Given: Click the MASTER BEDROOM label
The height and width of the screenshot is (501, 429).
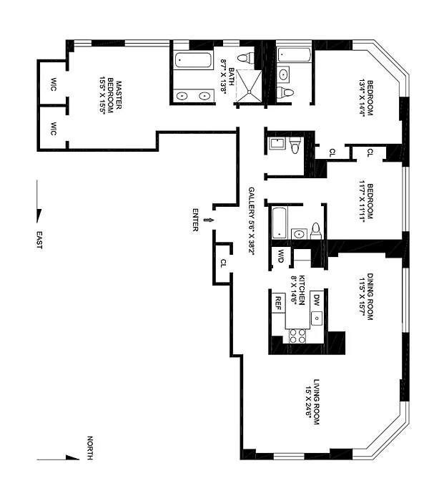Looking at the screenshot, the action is tap(110, 97).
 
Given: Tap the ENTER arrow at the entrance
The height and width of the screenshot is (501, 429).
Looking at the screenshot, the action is tap(209, 220).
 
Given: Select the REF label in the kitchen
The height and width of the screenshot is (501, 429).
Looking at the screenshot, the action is tap(278, 303).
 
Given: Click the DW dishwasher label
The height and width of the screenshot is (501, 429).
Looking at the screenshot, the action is tap(316, 300).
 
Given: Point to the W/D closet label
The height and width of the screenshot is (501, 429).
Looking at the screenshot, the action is tap(280, 256).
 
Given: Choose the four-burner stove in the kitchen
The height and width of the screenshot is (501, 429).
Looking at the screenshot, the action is tap(297, 336).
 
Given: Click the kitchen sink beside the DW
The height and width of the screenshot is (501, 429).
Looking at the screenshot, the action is tap(317, 318).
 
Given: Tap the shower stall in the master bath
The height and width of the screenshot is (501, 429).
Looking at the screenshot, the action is tap(249, 86).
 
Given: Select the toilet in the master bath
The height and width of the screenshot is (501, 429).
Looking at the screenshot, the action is tap(245, 58).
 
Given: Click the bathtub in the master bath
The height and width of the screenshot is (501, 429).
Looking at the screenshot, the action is tap(194, 59).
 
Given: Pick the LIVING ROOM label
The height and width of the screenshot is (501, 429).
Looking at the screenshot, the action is tap(312, 402).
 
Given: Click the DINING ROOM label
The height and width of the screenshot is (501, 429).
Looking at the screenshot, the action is tap(366, 296).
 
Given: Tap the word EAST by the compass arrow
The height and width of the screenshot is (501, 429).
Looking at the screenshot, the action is tap(39, 240).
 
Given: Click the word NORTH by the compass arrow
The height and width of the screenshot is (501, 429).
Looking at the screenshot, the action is tap(90, 447).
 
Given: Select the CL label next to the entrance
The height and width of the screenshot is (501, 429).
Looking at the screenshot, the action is tap(223, 263).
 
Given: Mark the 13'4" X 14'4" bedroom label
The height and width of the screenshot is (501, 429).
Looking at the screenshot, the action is tap(366, 97).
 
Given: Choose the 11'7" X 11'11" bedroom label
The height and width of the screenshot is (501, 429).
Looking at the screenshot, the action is tap(366, 201).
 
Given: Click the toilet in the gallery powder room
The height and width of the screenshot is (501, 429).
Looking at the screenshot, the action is tap(296, 145).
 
